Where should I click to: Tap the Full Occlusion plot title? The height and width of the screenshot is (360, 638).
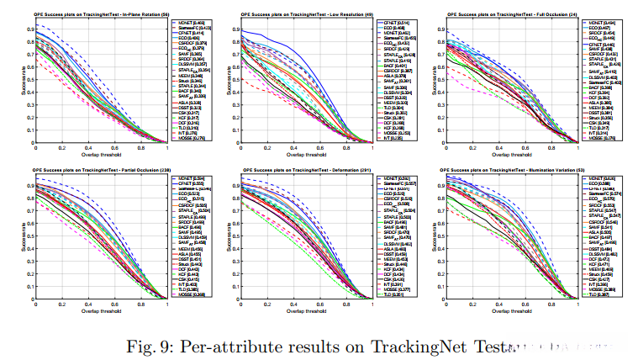click(517, 15)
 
